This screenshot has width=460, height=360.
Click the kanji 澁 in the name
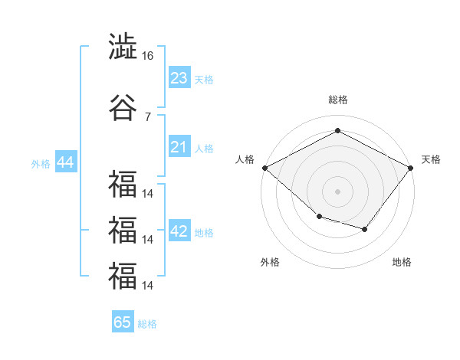[123, 46]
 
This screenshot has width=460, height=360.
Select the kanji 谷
[123, 107]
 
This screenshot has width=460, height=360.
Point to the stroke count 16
[147, 56]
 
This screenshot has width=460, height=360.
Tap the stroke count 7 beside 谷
[148, 117]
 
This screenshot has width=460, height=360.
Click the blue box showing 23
[179, 77]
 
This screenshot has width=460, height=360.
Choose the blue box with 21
[179, 146]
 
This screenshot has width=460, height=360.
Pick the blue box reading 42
[179, 230]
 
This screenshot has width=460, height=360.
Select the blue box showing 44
[66, 161]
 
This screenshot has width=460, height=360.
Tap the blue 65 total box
[123, 321]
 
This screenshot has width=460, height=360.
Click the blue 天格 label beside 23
[204, 80]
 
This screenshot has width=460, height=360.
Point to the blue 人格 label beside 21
[204, 149]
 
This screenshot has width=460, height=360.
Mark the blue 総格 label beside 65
[147, 324]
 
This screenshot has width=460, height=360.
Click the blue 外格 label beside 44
[41, 164]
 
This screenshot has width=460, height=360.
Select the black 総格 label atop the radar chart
[338, 100]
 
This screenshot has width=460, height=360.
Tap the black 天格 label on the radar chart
[431, 159]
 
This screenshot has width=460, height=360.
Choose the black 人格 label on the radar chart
[245, 159]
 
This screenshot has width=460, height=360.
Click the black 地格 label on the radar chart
[402, 262]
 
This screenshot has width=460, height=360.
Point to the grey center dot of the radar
[337, 191]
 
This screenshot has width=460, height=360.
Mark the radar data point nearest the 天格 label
[410, 168]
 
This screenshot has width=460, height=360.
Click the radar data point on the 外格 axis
[320, 217]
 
